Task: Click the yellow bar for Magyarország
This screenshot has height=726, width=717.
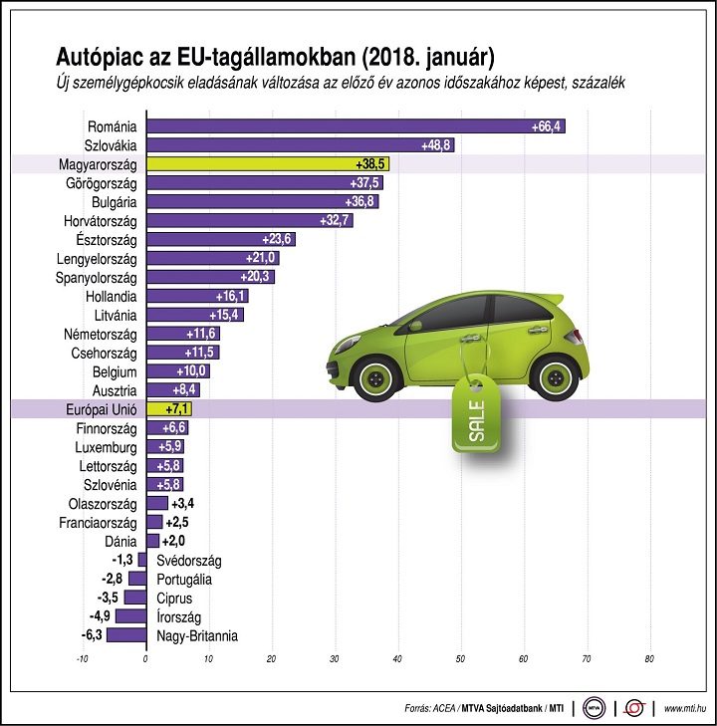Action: [x=268, y=164]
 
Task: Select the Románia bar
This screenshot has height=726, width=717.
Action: [x=356, y=125]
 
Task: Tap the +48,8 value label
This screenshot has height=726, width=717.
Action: [x=435, y=145]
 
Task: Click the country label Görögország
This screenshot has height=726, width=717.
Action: [x=102, y=183]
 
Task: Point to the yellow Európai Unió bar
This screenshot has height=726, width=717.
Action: [x=169, y=409]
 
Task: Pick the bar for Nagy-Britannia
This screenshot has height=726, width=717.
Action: [x=126, y=634]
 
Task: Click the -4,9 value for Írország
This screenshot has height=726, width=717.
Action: [x=100, y=615]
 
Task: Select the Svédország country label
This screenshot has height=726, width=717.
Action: [x=189, y=561]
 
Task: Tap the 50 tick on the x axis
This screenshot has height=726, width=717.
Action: [x=460, y=659]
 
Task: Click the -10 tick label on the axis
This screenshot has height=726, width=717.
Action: [x=82, y=659]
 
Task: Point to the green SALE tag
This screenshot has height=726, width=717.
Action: [x=476, y=413]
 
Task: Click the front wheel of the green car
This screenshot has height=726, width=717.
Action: [x=375, y=378]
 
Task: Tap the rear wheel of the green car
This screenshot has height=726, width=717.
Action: [x=554, y=377]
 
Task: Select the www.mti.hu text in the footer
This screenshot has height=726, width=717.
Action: [x=685, y=708]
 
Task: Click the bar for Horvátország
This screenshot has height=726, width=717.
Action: [x=250, y=220]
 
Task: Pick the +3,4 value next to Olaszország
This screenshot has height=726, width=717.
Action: [x=183, y=503]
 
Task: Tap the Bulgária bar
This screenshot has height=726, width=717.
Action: [x=263, y=201]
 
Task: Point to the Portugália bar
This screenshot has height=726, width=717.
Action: [x=137, y=579]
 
